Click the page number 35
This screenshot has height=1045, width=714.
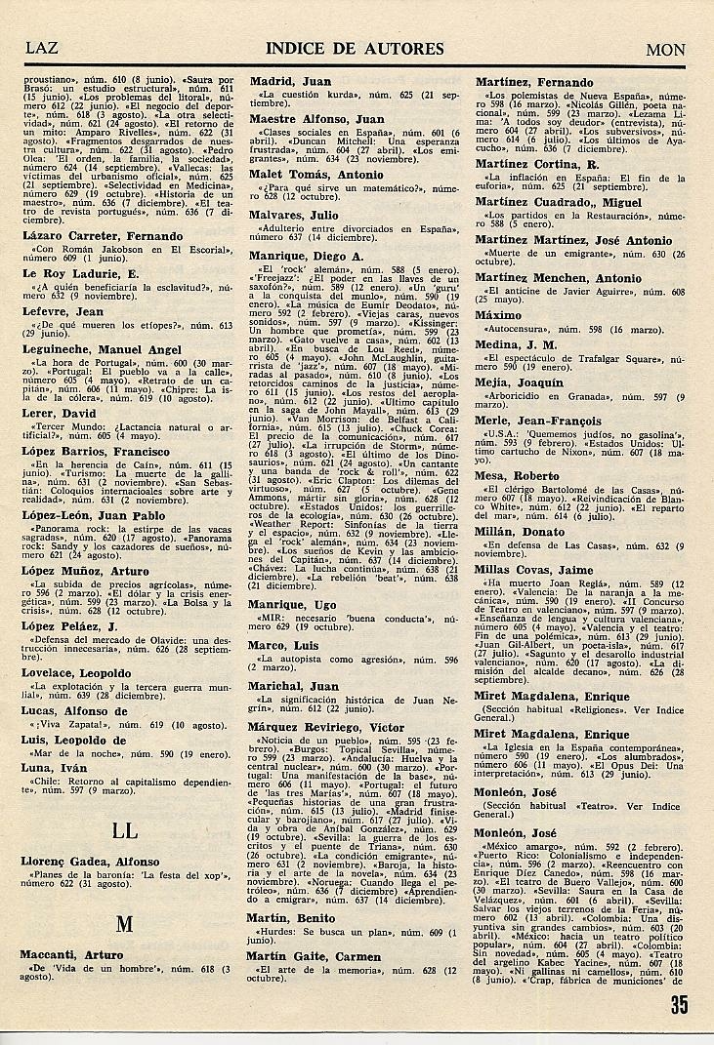coord(680,1004)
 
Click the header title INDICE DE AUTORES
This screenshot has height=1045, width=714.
coord(355,49)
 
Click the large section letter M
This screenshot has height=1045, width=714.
coord(124,922)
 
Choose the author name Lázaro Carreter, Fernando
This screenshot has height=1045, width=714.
coord(102,236)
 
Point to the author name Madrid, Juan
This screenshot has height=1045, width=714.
coord(290,82)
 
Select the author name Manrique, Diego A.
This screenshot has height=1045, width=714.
coord(308,255)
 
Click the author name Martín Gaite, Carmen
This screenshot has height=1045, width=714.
coord(315,956)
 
